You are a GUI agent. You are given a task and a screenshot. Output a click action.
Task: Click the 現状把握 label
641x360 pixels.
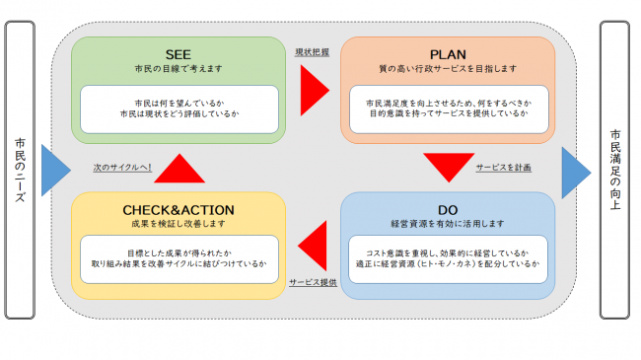(x=312, y=52)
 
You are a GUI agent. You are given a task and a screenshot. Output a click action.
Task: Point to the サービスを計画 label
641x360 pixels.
(x=503, y=168)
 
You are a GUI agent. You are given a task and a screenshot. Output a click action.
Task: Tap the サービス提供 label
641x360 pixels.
(x=314, y=282)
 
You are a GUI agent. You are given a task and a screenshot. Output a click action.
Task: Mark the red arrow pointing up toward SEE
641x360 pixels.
(x=179, y=168)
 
